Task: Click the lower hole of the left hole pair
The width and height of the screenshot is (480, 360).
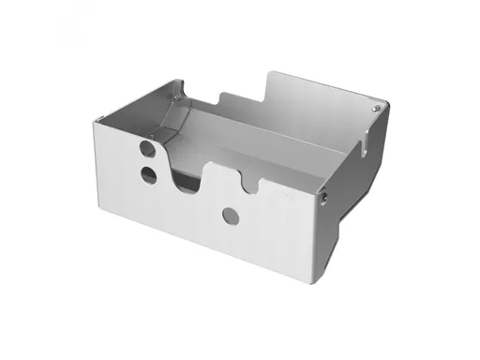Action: click(149, 173)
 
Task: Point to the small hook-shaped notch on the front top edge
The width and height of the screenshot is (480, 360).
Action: click(248, 182)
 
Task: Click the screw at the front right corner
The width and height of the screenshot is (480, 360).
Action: click(323, 198)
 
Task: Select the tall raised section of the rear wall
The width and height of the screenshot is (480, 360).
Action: click(319, 103)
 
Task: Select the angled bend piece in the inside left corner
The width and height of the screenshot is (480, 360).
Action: click(169, 122)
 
